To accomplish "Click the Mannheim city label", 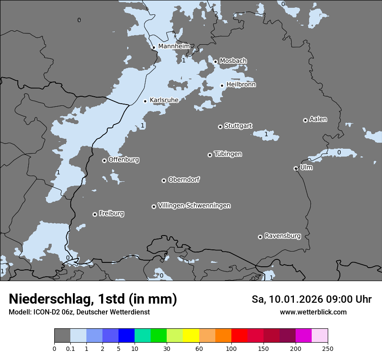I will (174, 46).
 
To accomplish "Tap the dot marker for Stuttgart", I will (220, 127).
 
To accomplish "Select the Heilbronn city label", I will (241, 85).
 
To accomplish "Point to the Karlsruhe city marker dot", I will (145, 101).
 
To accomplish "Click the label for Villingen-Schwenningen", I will (194, 206).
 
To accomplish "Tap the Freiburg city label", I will (111, 213).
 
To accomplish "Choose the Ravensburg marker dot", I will (260, 237).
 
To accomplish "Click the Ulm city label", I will (306, 167).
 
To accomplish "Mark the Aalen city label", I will (318, 119).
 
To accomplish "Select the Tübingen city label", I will (228, 154).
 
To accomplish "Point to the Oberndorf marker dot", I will (164, 180).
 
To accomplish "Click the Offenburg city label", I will (124, 160).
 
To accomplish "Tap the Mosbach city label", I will (233, 61).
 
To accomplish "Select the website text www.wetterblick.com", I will (313, 312).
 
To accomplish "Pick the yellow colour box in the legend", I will (191, 336).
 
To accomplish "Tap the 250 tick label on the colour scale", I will (327, 348).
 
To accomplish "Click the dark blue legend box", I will (126, 336).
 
